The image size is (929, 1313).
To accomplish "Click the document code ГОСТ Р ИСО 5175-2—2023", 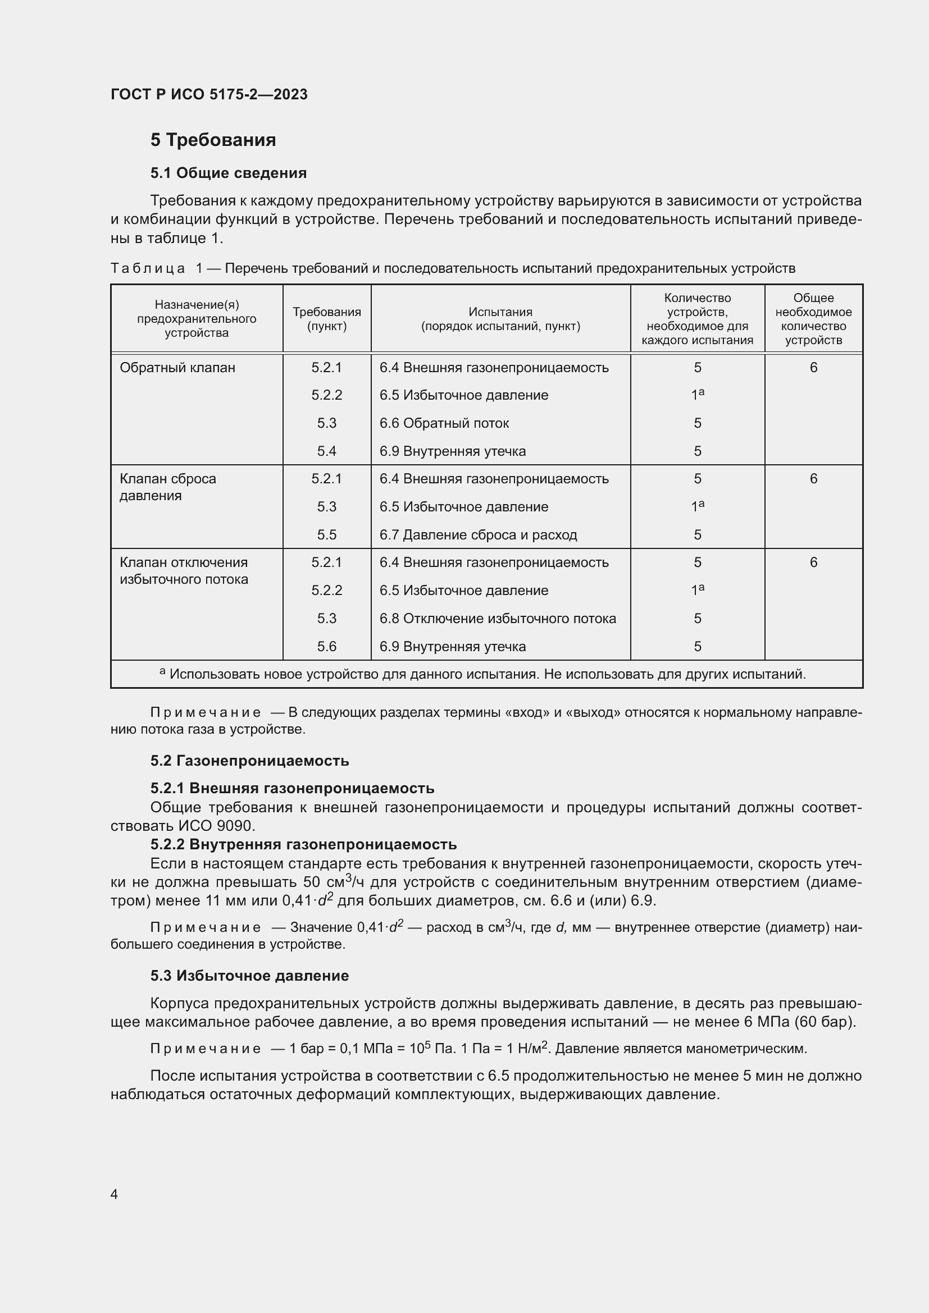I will pyautogui.click(x=209, y=94).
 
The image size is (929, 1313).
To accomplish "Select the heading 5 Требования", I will pyautogui.click(x=213, y=140).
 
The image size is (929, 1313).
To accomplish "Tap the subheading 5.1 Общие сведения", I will pyautogui.click(x=228, y=173).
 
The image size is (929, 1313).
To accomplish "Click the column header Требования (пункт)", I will pyautogui.click(x=327, y=319).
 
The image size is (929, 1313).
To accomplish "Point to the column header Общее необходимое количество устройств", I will pyautogui.click(x=813, y=319).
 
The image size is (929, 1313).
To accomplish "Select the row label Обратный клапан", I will pyautogui.click(x=177, y=368).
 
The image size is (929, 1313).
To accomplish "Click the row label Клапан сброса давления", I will pyautogui.click(x=167, y=487).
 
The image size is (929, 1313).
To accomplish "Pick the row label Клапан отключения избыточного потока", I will pyautogui.click(x=184, y=571).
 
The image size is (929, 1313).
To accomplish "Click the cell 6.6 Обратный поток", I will pyautogui.click(x=444, y=423).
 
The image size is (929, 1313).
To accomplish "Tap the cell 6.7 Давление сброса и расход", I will pyautogui.click(x=478, y=535).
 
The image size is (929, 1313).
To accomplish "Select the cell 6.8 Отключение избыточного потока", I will pyautogui.click(x=498, y=618).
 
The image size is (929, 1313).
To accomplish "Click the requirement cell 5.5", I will pyautogui.click(x=327, y=535).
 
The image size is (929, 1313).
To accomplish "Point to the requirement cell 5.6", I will pyautogui.click(x=327, y=646).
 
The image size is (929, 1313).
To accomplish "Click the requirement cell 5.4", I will pyautogui.click(x=327, y=451).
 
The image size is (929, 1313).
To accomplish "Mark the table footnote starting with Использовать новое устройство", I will pyautogui.click(x=486, y=674).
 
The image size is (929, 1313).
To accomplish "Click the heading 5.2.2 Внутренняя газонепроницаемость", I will pyautogui.click(x=303, y=844).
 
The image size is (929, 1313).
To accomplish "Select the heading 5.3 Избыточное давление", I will pyautogui.click(x=249, y=976).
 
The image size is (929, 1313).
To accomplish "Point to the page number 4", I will pyautogui.click(x=114, y=1195).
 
